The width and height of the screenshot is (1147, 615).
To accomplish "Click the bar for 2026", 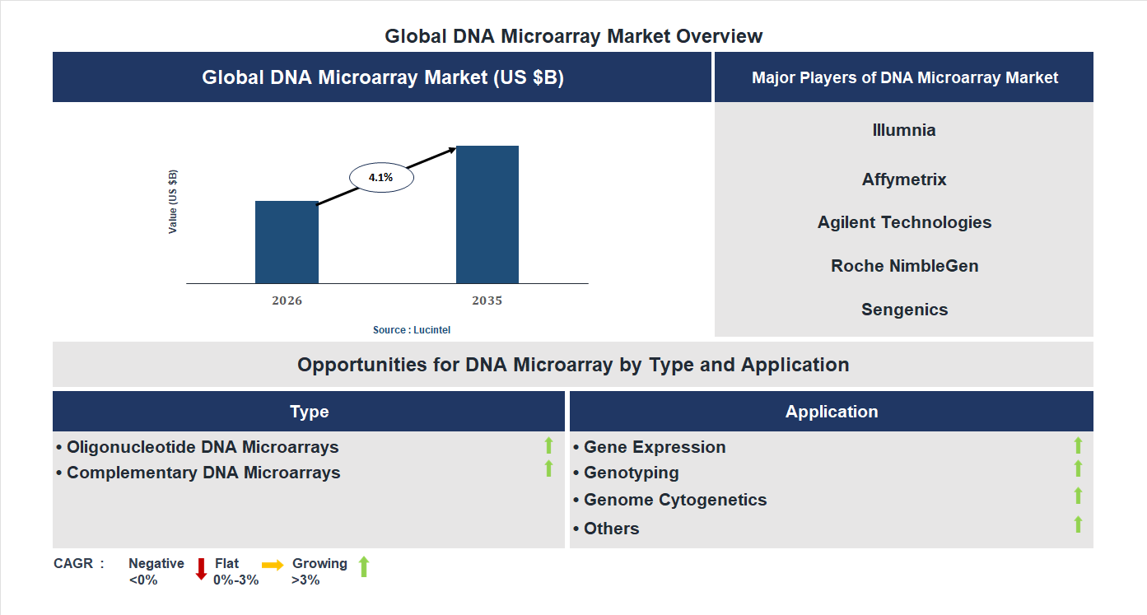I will tap(287, 242).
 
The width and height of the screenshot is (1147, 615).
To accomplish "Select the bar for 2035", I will tap(487, 215).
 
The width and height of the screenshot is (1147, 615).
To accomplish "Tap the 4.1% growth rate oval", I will tap(381, 177).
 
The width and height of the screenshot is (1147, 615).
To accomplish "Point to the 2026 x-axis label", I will tap(287, 301).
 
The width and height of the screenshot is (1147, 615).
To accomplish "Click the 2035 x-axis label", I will tap(487, 301).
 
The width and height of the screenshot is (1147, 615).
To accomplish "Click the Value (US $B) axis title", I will tap(173, 202).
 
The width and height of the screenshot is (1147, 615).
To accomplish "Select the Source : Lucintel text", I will tap(412, 329).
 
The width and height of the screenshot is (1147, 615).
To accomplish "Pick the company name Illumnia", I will tap(904, 130).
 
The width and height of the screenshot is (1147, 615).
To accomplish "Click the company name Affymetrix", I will tap(904, 179).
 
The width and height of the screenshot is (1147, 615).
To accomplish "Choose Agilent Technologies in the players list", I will tap(904, 222).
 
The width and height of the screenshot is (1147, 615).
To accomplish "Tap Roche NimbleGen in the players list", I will tap(904, 266).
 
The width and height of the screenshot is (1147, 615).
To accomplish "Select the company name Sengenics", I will tap(904, 310).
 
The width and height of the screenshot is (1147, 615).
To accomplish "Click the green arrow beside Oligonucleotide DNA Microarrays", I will tap(548, 445).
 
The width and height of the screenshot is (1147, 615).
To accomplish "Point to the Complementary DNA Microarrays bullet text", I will tap(203, 473).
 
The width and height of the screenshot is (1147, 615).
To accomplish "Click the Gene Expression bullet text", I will tap(654, 447).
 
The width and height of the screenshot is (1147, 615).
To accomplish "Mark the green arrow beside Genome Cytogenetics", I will tap(1078, 496).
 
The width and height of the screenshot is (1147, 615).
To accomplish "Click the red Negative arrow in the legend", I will tap(201, 569).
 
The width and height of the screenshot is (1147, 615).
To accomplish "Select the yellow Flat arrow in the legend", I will tap(273, 565).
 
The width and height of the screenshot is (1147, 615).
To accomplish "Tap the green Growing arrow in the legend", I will tap(364, 566).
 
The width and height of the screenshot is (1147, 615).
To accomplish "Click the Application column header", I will tap(831, 412).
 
